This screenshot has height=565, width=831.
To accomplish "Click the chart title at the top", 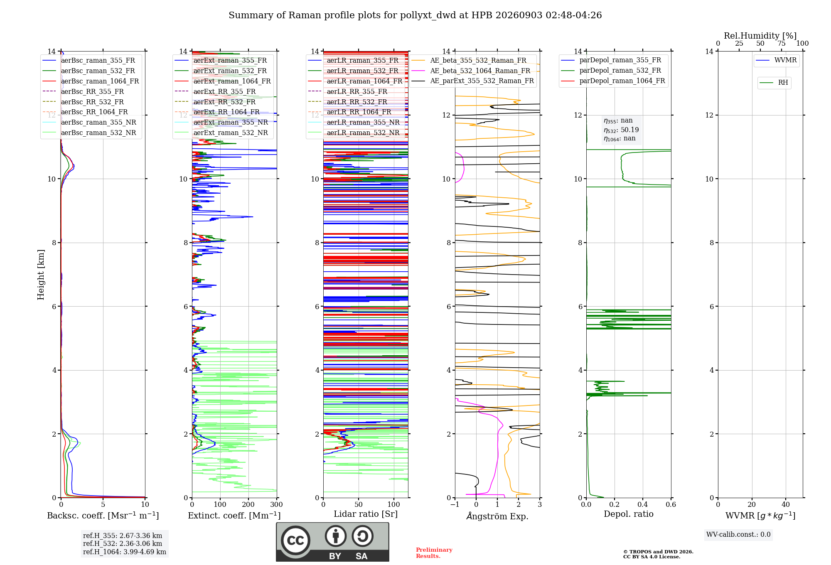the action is click(x=415, y=15).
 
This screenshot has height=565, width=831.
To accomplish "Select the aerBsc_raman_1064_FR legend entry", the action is click(x=91, y=81).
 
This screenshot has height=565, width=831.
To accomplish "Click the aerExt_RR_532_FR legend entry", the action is click(x=215, y=102).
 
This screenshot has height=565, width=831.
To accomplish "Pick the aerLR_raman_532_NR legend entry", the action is click(x=354, y=133).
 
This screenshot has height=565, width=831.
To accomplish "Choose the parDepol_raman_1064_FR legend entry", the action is click(x=613, y=81).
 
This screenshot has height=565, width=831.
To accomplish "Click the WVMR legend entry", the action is click(x=776, y=60).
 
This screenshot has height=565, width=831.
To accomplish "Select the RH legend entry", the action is click(x=774, y=83).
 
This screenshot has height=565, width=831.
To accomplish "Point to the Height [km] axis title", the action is click(x=41, y=275).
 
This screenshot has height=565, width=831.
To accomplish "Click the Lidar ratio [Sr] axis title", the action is click(x=366, y=514).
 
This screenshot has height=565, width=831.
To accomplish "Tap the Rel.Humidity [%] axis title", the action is click(x=760, y=36).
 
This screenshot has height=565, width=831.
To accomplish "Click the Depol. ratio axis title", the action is click(x=629, y=514).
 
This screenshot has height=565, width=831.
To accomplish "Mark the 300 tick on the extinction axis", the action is click(x=277, y=504).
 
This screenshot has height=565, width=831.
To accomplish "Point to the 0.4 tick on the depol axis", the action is click(x=643, y=504).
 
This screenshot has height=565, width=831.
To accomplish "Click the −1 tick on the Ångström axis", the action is click(x=455, y=504).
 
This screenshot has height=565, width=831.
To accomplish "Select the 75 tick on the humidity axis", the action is click(x=782, y=44).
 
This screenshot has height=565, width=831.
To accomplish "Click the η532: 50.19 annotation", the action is click(x=621, y=130).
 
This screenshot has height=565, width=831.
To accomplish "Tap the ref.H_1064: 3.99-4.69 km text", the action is click(x=125, y=552).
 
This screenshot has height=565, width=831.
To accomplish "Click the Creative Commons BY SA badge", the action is click(x=332, y=542).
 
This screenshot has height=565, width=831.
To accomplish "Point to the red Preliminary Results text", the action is click(x=434, y=553).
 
